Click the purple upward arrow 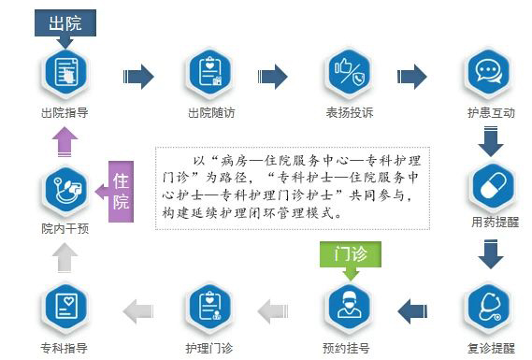point(65,141)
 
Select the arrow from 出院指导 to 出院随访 point(138,76)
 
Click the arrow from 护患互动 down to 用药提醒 point(489,140)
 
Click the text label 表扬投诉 point(348,114)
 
